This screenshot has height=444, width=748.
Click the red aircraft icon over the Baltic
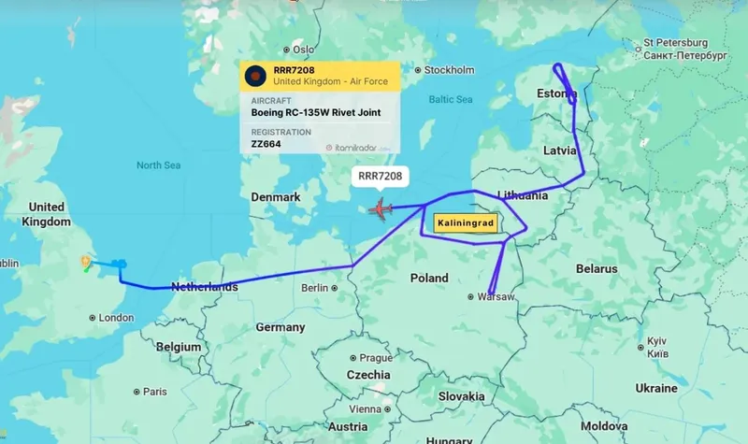(381, 208)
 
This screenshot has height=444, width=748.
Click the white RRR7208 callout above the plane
(380, 175)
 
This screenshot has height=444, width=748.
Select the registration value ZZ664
(266, 146)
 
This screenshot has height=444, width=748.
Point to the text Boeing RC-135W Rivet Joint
(315, 113)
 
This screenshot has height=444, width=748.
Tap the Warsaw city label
(496, 297)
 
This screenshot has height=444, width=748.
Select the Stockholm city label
(449, 70)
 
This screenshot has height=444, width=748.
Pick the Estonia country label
(557, 94)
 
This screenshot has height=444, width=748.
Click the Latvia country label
(560, 150)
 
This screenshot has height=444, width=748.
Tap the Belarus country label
(596, 268)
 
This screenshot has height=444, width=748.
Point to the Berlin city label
(314, 288)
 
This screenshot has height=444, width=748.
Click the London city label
(116, 318)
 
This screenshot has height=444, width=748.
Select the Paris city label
(154, 392)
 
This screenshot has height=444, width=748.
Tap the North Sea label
(157, 165)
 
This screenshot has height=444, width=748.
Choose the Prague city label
(375, 358)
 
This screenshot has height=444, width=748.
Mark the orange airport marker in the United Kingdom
(87, 263)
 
